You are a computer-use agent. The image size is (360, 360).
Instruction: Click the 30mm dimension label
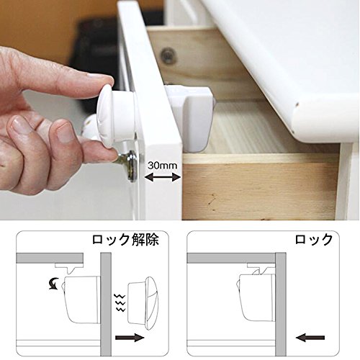point(162,166)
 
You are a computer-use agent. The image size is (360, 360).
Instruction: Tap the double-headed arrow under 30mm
point(163,177)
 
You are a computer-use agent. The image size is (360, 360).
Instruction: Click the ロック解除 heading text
point(125,240)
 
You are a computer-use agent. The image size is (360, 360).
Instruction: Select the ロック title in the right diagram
point(313,240)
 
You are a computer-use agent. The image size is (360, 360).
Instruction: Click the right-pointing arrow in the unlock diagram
point(130,338)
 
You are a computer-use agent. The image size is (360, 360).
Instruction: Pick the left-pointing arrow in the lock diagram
point(310,338)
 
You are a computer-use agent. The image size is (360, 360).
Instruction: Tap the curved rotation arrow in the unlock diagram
point(54,283)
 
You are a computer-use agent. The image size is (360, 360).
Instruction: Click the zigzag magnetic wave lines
point(120,302)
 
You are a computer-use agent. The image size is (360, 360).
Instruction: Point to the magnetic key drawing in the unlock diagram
point(143,303)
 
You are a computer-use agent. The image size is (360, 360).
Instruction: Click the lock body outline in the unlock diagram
point(81,300)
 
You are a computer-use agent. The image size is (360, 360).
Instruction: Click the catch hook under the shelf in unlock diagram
point(69,269)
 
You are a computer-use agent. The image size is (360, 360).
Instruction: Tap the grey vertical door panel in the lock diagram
point(281,304)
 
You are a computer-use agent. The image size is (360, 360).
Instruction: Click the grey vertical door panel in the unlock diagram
point(106,304)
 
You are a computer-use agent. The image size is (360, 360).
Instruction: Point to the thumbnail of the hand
point(66,132)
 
